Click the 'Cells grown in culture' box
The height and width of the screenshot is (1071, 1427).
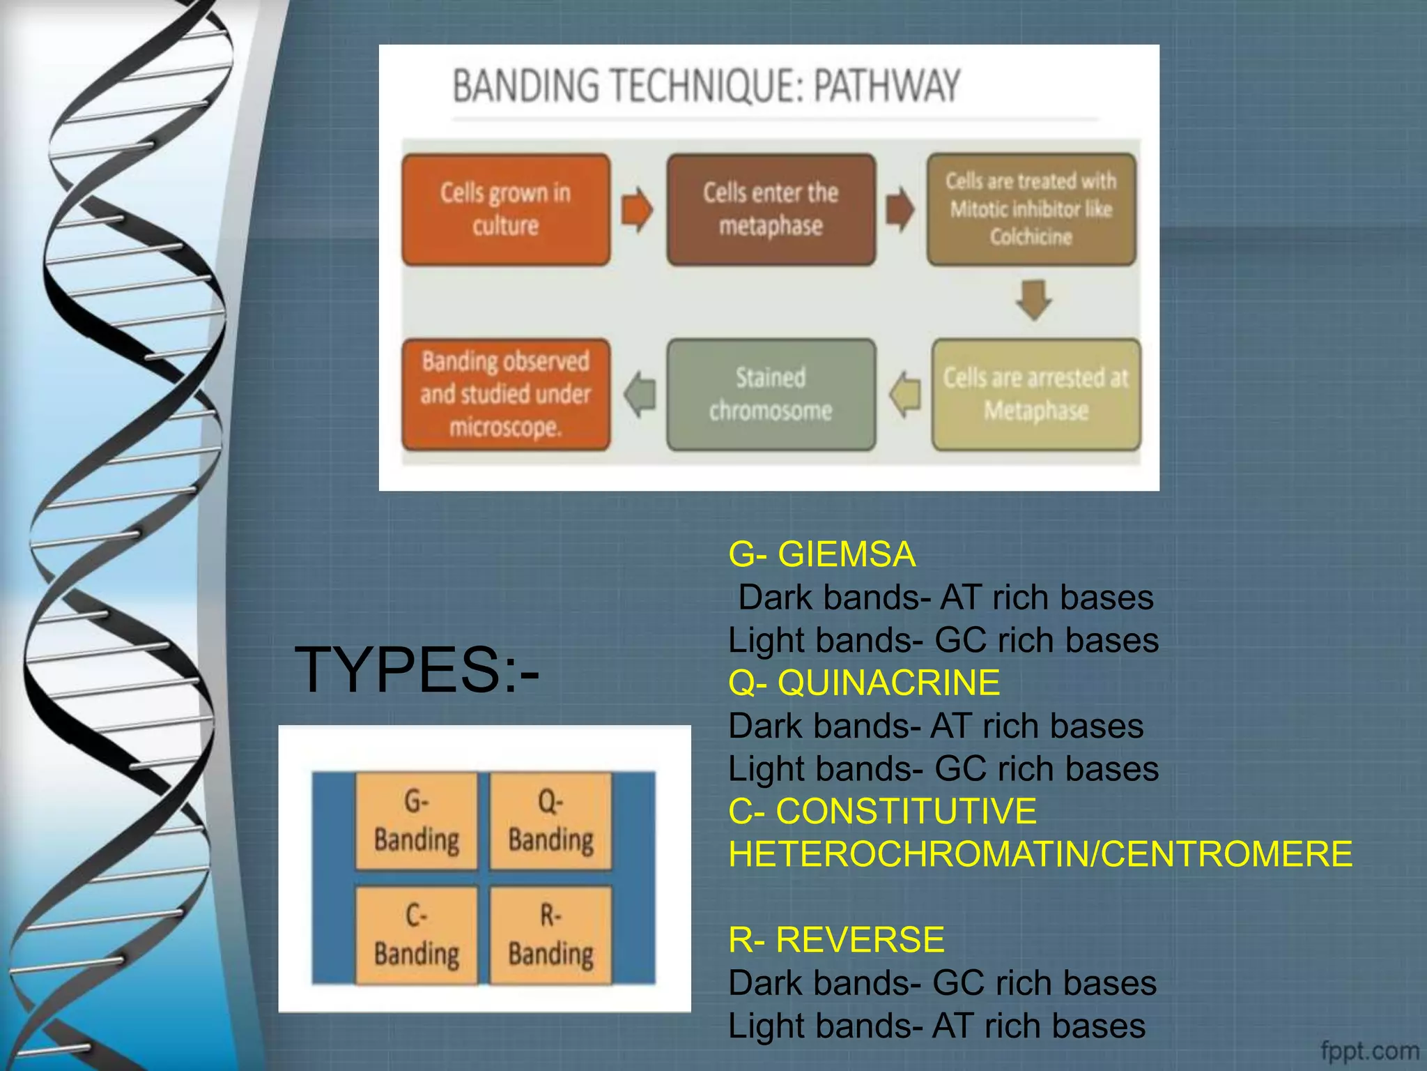(x=506, y=209)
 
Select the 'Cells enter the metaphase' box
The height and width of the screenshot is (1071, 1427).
(x=771, y=209)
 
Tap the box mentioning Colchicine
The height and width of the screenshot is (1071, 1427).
(x=1031, y=209)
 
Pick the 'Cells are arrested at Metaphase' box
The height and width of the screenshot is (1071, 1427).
(x=1036, y=394)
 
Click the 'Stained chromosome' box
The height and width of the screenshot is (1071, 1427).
(x=771, y=394)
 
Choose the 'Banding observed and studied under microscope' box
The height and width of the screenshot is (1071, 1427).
(x=506, y=394)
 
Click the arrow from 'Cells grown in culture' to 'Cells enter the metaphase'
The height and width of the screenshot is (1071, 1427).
(x=637, y=209)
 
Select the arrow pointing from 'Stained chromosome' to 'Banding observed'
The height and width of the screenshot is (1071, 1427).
(x=640, y=394)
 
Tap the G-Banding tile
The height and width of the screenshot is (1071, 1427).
(x=417, y=821)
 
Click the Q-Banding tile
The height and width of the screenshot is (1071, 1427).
(x=550, y=821)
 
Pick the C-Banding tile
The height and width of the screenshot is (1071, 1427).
(x=417, y=935)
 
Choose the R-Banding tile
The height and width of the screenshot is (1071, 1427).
(x=550, y=935)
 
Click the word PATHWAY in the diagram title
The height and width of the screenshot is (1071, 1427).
(x=886, y=86)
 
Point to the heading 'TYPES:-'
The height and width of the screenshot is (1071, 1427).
(x=417, y=669)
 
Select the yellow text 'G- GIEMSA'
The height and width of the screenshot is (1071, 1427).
(x=822, y=554)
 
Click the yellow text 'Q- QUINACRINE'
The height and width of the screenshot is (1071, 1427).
(x=864, y=683)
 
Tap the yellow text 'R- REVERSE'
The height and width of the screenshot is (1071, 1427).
(x=836, y=939)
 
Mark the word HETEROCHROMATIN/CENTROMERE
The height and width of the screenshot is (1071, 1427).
(x=1040, y=854)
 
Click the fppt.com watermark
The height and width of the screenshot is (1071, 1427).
(x=1369, y=1050)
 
